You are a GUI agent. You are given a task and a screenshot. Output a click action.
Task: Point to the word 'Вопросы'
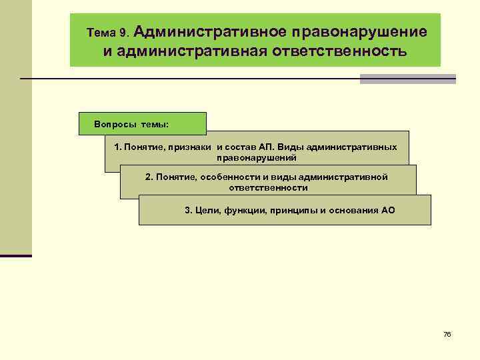(x=115, y=125)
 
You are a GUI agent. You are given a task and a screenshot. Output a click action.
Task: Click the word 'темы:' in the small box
(x=155, y=125)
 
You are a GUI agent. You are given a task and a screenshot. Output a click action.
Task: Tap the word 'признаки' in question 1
(x=190, y=147)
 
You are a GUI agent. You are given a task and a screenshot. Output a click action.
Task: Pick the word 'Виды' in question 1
(x=291, y=147)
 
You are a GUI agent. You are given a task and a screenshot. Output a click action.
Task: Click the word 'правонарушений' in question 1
(x=257, y=158)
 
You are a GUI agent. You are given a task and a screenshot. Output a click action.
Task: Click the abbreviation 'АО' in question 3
(x=388, y=211)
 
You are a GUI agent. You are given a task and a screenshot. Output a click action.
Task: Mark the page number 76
(x=447, y=334)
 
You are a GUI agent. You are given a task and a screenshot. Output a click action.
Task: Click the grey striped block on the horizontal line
(x=407, y=79)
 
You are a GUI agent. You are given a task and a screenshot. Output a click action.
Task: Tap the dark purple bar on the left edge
(x=16, y=255)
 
